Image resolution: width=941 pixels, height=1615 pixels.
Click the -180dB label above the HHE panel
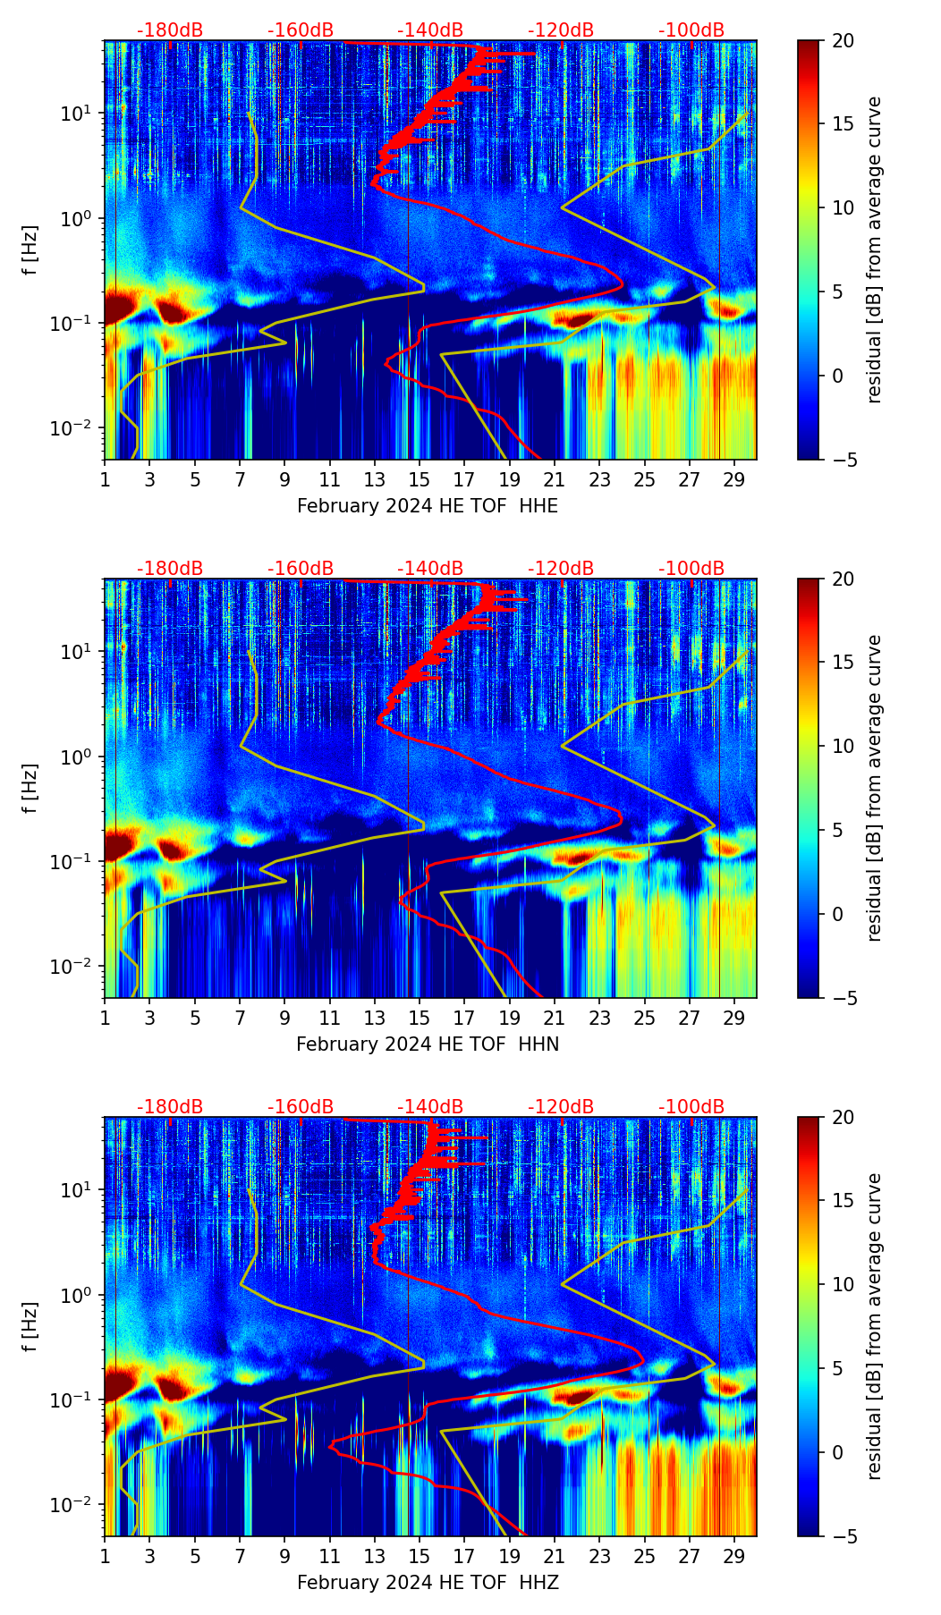170,30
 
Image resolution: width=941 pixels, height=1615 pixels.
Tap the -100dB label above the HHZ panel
691,1107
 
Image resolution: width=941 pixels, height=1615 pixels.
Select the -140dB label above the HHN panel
430,569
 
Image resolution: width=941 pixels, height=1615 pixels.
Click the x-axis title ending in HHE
428,506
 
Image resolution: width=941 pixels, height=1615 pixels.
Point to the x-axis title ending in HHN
428,1044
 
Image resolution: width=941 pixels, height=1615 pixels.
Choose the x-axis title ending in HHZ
428,1583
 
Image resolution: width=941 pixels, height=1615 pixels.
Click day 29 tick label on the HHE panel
734,480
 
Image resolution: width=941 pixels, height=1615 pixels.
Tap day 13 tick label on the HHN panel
375,1019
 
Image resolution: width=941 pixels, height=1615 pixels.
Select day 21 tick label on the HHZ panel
555,1557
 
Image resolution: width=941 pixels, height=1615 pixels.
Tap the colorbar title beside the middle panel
875,788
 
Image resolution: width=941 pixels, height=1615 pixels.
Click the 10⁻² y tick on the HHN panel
75,967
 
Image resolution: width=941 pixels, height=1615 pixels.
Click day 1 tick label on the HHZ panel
105,1557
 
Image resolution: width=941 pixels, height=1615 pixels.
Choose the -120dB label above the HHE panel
561,30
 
